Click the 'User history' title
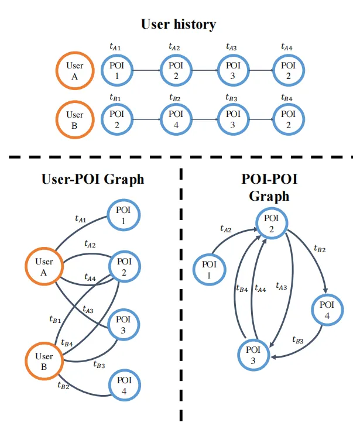tap(179, 25)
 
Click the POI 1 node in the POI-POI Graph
tap(211, 270)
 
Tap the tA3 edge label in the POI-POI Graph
tap(281, 287)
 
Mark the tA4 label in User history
tap(287, 47)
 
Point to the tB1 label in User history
tap(115, 97)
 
